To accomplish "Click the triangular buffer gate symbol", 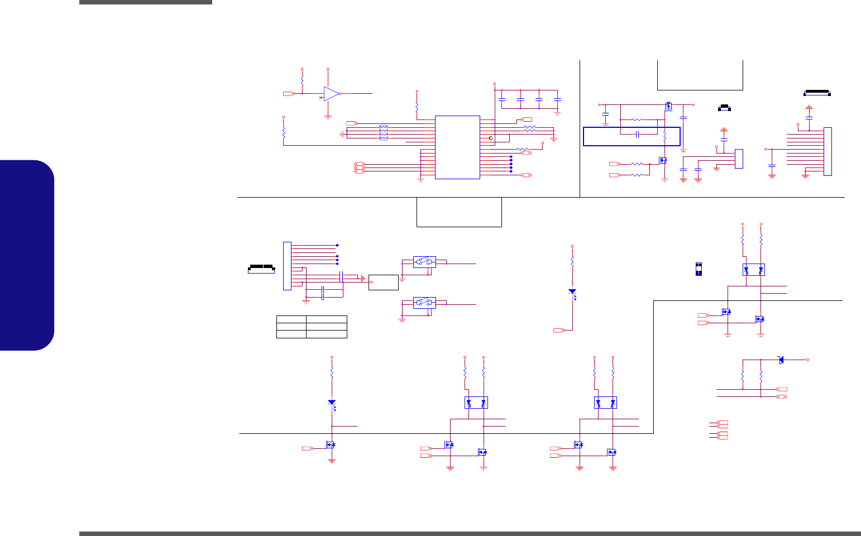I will point(332,94).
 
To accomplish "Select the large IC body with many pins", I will point(457,147).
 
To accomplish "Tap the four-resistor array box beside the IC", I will point(384,132).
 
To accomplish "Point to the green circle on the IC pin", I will point(491,138).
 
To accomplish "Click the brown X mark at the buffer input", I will point(321,98).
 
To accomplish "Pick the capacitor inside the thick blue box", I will point(637,134).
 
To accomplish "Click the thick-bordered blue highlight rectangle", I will point(632,136).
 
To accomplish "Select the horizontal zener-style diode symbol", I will point(781,360).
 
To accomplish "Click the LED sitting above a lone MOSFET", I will point(332,402).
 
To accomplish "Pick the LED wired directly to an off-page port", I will point(572,291).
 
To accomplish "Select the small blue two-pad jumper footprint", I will point(698,269).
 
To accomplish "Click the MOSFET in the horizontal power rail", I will point(668,105).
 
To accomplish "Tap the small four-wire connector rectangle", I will point(739,159).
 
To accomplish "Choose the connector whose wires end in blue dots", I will point(287,265).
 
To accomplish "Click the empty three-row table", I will point(312,327).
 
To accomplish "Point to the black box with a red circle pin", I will point(384,283).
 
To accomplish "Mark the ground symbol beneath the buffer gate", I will point(328,117).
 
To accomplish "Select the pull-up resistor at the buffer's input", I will point(302,81).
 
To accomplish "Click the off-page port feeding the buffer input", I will point(289,94).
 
